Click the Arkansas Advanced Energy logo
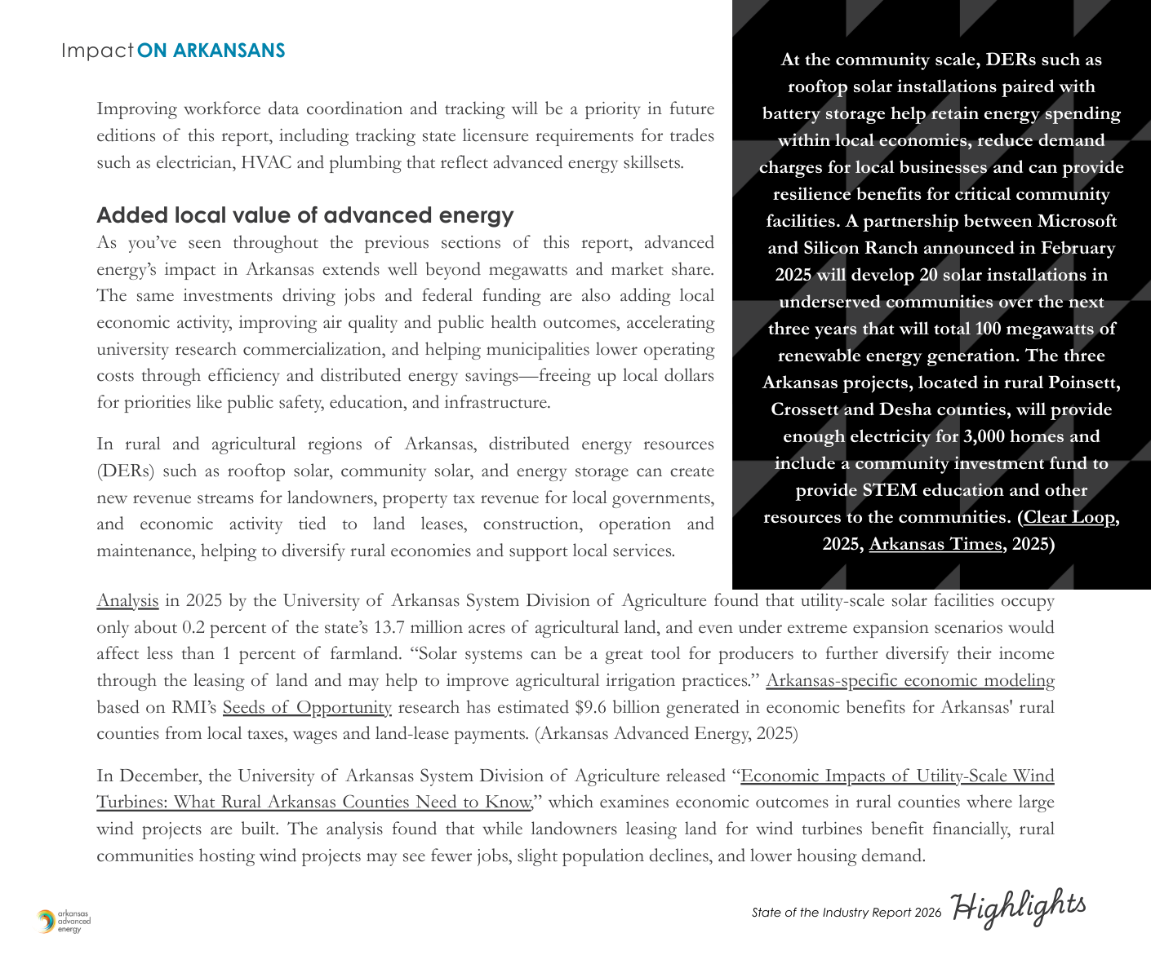(64, 922)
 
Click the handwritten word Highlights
(1020, 907)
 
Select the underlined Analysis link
(127, 601)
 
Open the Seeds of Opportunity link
(307, 707)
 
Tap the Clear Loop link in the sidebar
(1069, 517)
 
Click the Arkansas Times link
(935, 544)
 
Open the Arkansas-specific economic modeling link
(910, 680)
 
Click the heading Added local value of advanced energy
(305, 215)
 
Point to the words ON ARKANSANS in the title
(211, 51)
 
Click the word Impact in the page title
(97, 51)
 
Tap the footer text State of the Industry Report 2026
(847, 913)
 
